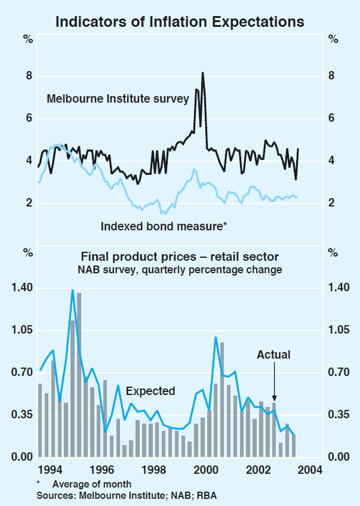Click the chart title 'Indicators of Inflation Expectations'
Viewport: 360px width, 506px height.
[x=180, y=23]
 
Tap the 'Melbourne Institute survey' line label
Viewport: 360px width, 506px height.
[x=118, y=98]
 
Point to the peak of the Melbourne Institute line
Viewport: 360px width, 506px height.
[x=203, y=73]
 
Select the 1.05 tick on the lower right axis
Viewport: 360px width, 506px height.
[x=337, y=330]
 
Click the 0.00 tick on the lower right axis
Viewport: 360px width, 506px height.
[x=337, y=457]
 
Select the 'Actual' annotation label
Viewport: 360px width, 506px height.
[x=274, y=355]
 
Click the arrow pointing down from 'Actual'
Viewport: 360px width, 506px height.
[x=274, y=381]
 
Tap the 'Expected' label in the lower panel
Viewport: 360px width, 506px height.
[x=151, y=391]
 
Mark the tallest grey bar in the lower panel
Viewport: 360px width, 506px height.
[x=79, y=375]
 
